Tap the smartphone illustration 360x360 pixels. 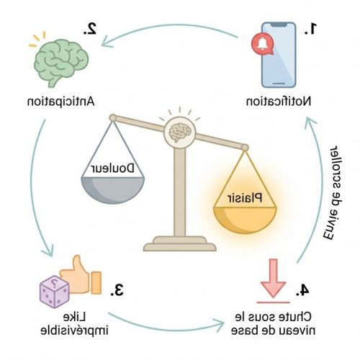[279, 55]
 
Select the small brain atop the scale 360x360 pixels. [180, 132]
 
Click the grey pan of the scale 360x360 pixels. [113, 190]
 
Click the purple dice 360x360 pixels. [55, 292]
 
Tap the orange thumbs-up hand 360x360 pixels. [81, 275]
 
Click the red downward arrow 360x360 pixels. [273, 278]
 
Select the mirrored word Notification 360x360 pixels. [279, 101]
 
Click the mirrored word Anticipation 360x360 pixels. [60, 102]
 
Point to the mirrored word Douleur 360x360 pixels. [113, 168]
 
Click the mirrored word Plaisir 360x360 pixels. [245, 198]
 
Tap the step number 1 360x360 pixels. [311, 29]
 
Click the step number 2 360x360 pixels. [90, 30]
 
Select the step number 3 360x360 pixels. [117, 289]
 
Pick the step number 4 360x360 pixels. [302, 290]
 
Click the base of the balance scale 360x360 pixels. [180, 243]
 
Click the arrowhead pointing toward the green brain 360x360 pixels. [107, 41]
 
